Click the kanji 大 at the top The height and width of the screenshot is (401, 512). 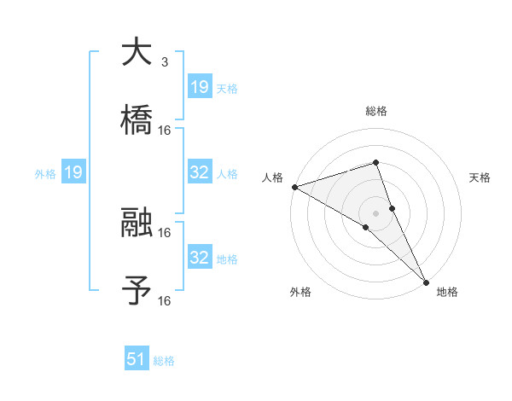136,53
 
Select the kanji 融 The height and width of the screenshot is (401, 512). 136,224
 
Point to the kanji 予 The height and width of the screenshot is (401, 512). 136,291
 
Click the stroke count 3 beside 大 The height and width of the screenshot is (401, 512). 164,62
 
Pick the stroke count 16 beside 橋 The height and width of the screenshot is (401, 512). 165,130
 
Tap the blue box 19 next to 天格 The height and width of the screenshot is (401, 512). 199,86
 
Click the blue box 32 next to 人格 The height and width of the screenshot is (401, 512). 199,172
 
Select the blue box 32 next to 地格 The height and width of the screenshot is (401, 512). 199,258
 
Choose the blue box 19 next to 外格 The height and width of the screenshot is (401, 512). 73,172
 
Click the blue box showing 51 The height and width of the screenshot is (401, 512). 136,359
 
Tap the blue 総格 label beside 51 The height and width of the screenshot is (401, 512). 164,361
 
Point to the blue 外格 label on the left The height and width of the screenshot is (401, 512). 45,173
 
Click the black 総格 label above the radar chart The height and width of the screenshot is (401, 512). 376,111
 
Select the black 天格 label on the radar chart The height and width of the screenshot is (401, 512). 480,177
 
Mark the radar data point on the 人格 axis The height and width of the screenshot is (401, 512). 294,187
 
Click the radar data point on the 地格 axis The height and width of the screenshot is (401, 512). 426,281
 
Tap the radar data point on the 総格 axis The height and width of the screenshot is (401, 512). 376,162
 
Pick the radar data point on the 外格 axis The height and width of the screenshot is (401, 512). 365,227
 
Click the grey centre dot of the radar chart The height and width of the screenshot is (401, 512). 376,212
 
